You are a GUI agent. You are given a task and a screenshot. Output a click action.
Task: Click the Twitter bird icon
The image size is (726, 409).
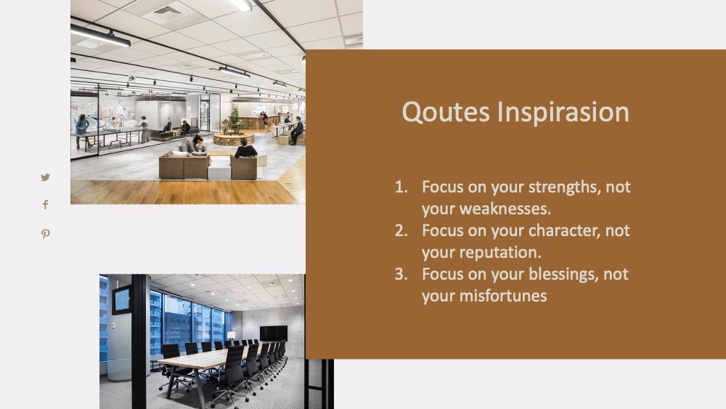[45, 177]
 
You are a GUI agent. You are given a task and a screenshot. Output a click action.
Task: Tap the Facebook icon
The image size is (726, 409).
[45, 205]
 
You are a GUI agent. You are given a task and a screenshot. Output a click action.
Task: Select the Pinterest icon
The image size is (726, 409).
[45, 233]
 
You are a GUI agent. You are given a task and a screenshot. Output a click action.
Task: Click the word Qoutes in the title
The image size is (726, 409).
[446, 112]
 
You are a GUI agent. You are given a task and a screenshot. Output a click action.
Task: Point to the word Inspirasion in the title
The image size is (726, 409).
[563, 112]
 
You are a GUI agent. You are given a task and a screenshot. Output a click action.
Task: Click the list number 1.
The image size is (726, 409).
[401, 187]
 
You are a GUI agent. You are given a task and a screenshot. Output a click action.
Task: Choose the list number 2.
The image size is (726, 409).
[401, 230]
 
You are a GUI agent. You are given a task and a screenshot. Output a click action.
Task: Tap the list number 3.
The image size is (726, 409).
[401, 274]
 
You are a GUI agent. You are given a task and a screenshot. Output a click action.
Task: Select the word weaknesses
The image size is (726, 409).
[505, 209]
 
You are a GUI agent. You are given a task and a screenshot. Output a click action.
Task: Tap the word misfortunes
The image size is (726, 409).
[503, 296]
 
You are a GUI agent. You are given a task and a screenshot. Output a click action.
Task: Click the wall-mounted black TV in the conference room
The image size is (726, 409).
[273, 333]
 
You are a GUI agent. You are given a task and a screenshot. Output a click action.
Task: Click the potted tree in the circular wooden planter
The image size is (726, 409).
[235, 121]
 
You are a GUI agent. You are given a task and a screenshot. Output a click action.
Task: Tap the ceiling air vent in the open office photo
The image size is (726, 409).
[167, 12]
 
